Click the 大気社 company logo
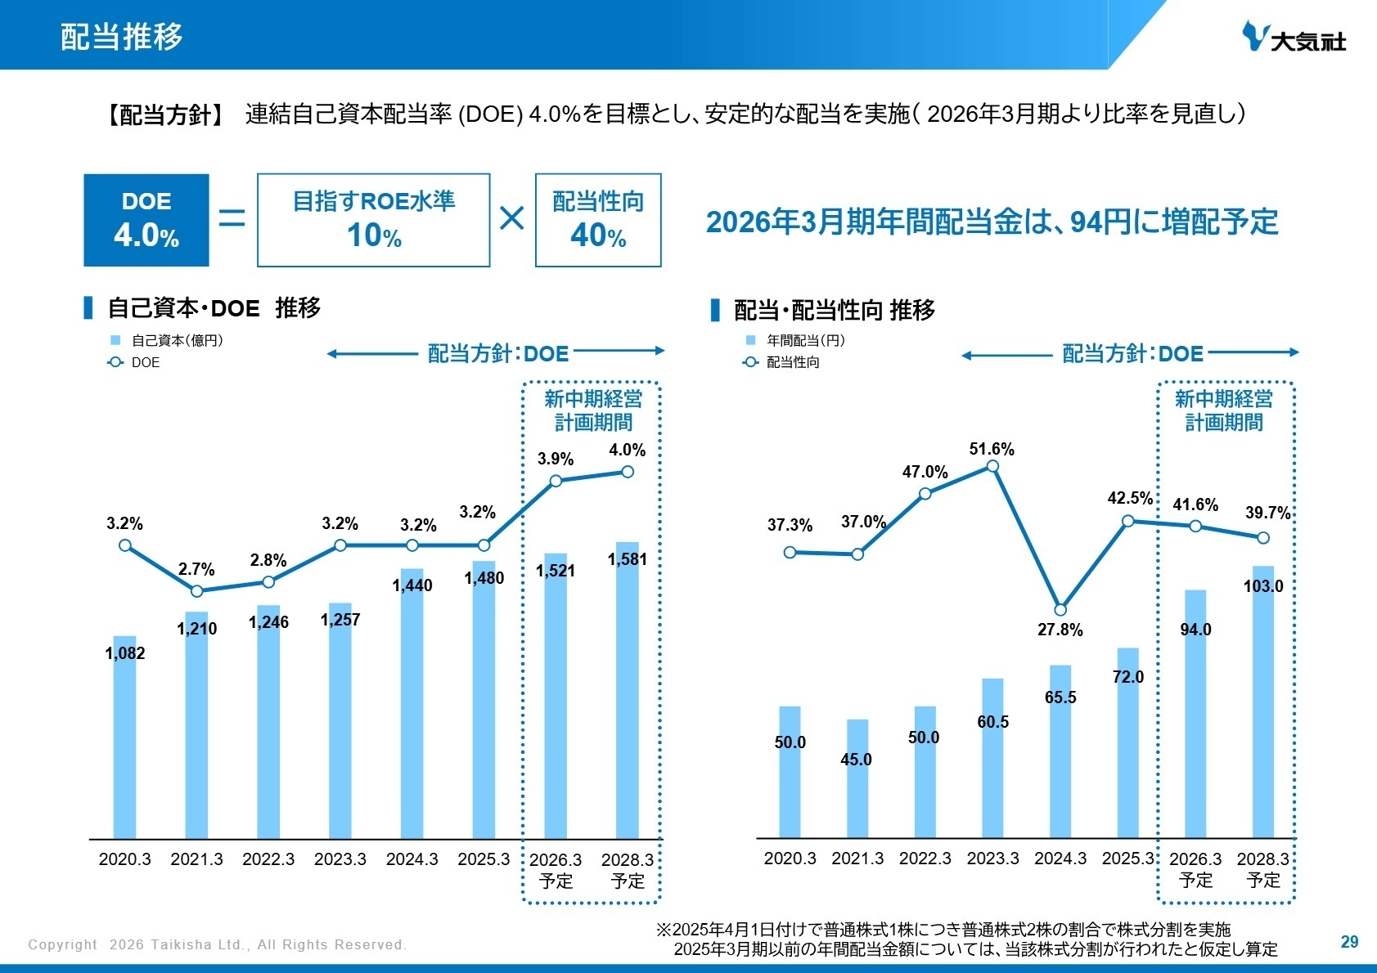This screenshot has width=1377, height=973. click(x=1293, y=37)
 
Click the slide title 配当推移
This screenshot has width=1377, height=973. click(x=121, y=37)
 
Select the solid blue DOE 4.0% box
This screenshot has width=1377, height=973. click(x=146, y=220)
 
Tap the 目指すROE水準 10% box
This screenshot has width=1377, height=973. click(x=373, y=220)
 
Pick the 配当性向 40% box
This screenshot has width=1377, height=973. click(x=598, y=220)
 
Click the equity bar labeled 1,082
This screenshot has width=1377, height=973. click(x=125, y=736)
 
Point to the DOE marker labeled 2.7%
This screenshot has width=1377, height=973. click(x=196, y=590)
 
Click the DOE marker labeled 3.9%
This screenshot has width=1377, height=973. click(x=556, y=481)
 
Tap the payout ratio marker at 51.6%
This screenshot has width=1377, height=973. click(x=992, y=466)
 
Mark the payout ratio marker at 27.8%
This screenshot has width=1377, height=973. click(x=1060, y=610)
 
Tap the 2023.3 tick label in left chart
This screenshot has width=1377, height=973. click(x=340, y=859)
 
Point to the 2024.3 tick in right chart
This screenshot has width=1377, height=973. click(x=1060, y=859)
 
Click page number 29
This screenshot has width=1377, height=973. click(x=1349, y=942)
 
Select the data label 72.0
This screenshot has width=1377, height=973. click(x=1128, y=677)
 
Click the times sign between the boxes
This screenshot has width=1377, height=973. click(x=512, y=218)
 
